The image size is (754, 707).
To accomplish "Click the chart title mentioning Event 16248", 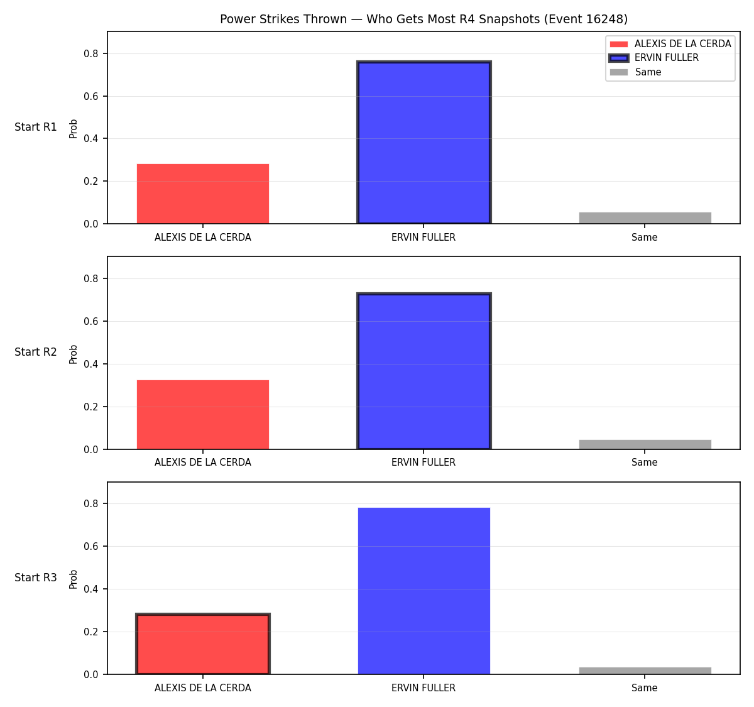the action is (x=423, y=19).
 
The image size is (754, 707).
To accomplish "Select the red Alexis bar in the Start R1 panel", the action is (x=203, y=194).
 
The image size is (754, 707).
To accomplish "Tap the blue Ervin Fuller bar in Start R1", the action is (x=423, y=142).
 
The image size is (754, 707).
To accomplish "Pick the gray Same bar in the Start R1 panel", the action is (x=645, y=218).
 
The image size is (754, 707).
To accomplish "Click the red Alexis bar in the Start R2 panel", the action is (x=203, y=415).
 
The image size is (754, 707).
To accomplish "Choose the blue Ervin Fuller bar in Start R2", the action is (x=423, y=371).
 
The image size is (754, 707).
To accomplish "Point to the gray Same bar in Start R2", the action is (x=645, y=444).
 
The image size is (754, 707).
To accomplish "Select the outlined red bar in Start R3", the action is (x=203, y=644).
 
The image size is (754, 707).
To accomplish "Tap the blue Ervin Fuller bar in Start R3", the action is (x=423, y=591).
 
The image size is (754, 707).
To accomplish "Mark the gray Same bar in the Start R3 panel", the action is (x=645, y=671).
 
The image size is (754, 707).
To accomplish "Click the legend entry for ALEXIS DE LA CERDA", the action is (x=670, y=44).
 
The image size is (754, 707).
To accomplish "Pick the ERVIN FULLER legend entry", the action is (x=653, y=58).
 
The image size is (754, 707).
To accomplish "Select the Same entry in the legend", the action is (x=635, y=72).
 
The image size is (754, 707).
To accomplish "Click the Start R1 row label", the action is (x=36, y=127).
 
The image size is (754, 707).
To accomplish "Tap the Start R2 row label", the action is (x=36, y=352).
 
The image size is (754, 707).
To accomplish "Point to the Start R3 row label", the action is (x=36, y=578).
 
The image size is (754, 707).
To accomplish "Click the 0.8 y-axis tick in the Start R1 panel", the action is (x=90, y=53).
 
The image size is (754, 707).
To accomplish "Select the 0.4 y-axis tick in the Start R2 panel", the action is (x=90, y=364).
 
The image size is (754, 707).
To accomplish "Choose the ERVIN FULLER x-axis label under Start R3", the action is (x=423, y=688).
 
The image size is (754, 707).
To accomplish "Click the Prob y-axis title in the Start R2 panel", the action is (x=73, y=354).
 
